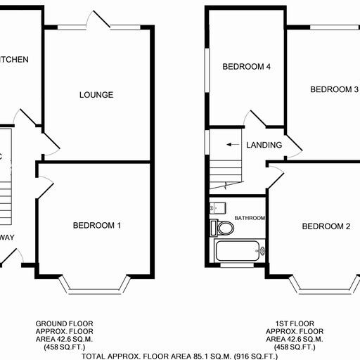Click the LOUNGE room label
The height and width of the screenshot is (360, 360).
[96, 95]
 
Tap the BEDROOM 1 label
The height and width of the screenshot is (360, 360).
[97, 226]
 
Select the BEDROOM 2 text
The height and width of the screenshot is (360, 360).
[326, 226]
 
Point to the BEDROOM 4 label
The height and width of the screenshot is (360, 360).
[247, 67]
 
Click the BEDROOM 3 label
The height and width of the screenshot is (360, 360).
[335, 89]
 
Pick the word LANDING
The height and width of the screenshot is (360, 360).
[264, 146]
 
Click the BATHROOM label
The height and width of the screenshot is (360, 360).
[250, 219]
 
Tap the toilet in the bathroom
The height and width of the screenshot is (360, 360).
[224, 229]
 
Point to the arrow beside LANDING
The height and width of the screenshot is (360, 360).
[231, 145]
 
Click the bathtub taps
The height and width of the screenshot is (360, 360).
[262, 250]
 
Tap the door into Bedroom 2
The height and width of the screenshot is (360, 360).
[275, 176]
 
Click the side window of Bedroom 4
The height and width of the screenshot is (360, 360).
[206, 70]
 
